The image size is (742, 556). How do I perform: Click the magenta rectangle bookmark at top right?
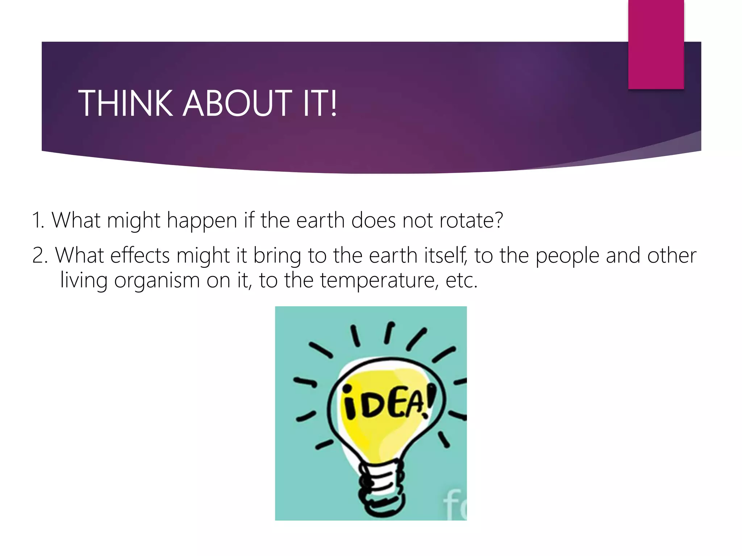click(656, 45)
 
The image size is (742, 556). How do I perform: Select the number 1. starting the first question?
click(38, 220)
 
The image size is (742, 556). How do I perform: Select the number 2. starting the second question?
click(40, 256)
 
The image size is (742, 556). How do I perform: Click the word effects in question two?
click(140, 256)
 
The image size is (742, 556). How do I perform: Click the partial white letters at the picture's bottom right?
click(455, 505)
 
